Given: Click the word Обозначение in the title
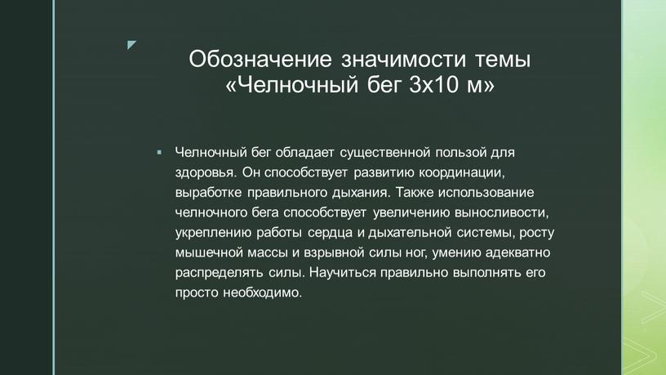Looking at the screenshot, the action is (x=260, y=59).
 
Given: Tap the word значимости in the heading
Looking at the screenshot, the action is (x=404, y=59).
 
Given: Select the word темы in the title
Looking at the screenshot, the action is (x=503, y=60).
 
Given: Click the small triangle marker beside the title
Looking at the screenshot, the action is (x=131, y=44).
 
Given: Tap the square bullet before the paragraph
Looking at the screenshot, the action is (x=159, y=152).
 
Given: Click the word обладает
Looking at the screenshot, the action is (x=304, y=152).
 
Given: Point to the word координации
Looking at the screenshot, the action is (x=461, y=172).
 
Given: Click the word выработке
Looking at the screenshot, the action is (x=209, y=193).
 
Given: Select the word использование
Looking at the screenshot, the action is (x=486, y=193).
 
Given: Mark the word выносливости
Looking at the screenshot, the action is (x=500, y=212).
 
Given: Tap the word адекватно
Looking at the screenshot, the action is (x=517, y=252).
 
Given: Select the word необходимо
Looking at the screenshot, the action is (x=262, y=293).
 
